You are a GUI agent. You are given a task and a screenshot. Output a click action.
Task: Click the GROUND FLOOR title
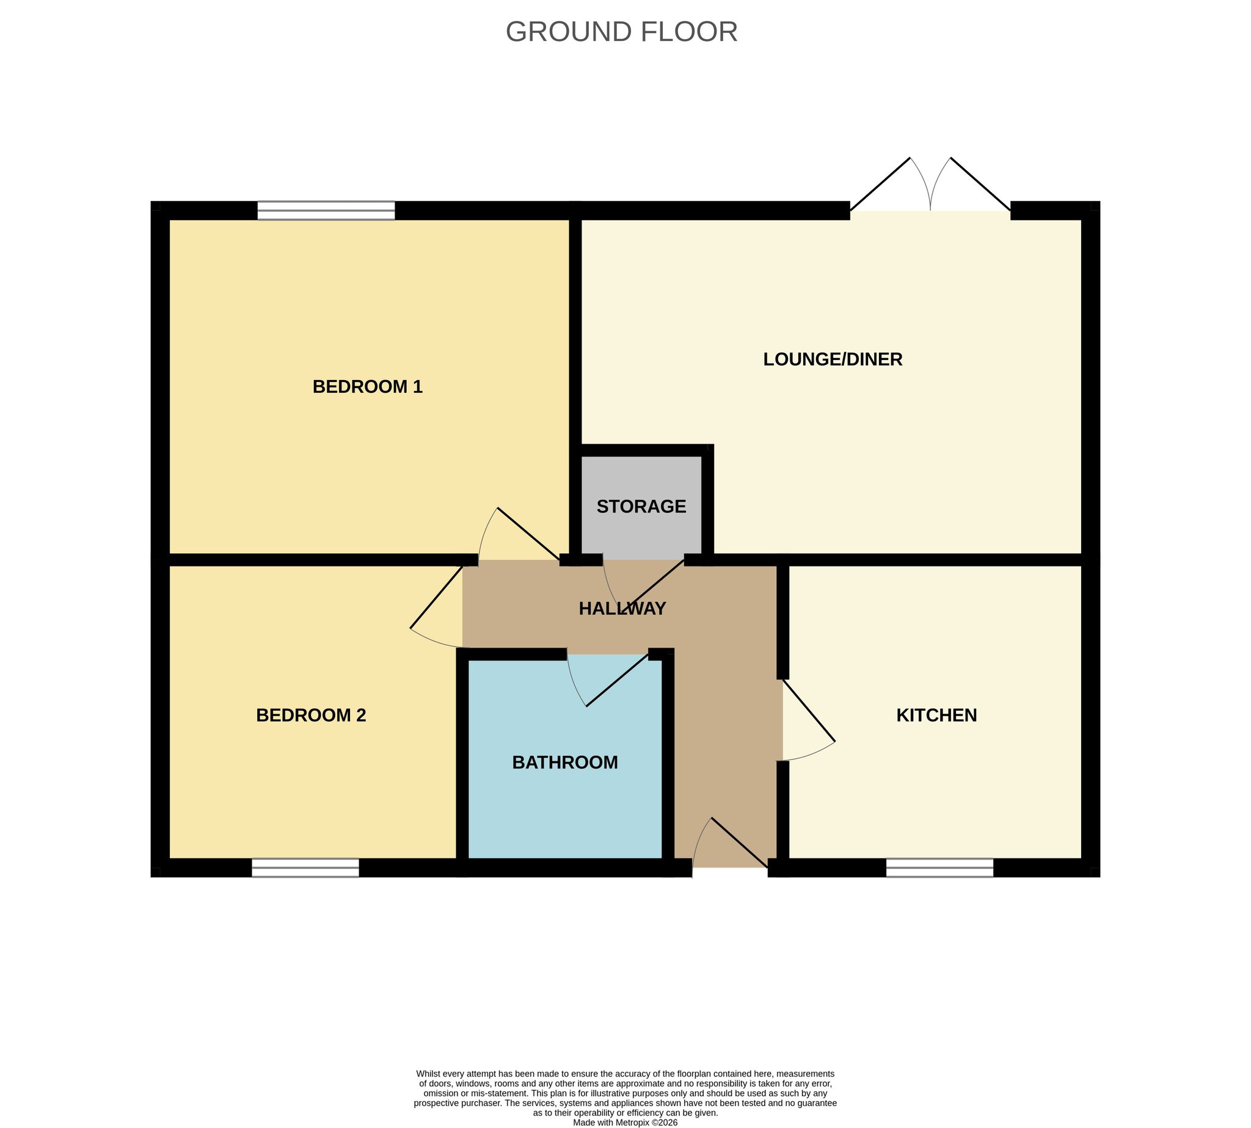[621, 32]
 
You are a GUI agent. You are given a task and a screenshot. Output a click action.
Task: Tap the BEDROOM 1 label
[368, 387]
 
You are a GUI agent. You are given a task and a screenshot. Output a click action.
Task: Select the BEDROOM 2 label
[311, 715]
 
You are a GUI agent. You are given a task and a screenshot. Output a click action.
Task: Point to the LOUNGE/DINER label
[833, 359]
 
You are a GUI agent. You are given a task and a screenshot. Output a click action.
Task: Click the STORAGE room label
[641, 507]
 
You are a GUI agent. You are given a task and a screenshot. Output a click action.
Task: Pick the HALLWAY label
[622, 609]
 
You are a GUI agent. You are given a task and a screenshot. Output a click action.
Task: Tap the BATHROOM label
[565, 763]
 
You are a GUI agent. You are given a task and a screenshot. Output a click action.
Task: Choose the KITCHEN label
[936, 715]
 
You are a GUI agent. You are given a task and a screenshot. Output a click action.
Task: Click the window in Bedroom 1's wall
[326, 211]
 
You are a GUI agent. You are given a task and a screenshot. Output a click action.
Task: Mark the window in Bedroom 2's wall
[305, 868]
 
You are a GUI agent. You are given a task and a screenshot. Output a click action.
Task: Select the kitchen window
[939, 868]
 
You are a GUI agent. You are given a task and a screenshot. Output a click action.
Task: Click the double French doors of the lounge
[930, 185]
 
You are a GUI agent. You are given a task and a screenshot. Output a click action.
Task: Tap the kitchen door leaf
[809, 710]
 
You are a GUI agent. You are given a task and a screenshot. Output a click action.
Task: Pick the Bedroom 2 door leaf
[436, 596]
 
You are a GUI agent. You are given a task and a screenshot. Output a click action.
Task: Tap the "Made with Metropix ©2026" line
[625, 1123]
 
